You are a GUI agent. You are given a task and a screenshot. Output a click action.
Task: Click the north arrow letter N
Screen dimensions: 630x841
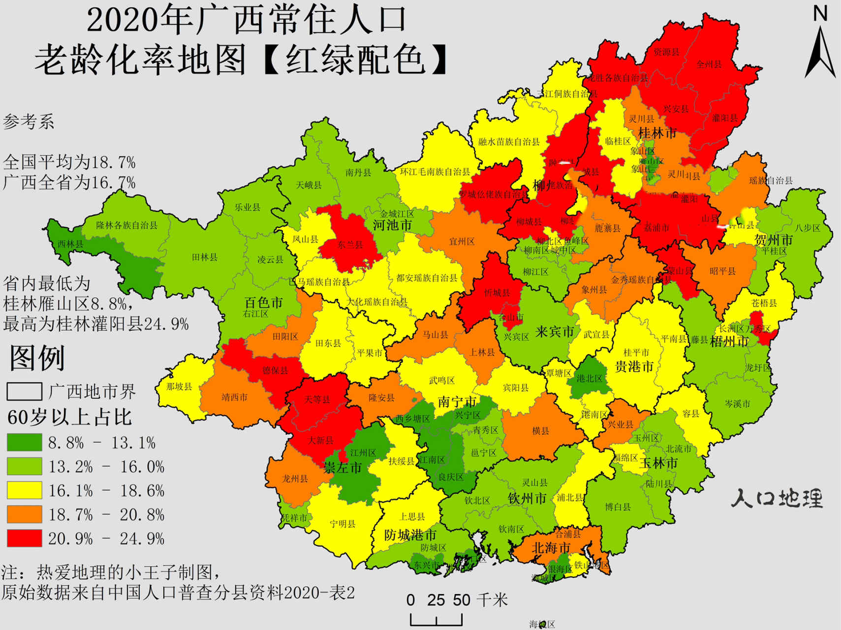[x=820, y=13]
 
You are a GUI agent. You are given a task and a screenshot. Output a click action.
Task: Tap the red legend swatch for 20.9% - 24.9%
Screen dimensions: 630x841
[x=24, y=538]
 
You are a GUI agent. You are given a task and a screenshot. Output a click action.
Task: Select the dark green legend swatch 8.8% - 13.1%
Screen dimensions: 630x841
[x=24, y=442]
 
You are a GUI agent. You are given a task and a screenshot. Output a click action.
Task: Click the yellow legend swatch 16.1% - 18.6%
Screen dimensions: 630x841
[x=24, y=490]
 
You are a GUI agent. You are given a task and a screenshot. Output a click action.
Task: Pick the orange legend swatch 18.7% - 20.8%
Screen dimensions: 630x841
[x=24, y=514]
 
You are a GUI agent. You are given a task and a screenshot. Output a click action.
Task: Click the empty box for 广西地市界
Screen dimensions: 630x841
[x=24, y=392]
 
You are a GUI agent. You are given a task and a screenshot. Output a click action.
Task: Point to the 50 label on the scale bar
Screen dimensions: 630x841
[x=462, y=600]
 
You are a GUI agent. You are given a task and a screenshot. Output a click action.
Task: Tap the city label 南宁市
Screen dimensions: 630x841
[x=457, y=402]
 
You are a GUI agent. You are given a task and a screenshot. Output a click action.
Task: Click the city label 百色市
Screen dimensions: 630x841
[x=264, y=302]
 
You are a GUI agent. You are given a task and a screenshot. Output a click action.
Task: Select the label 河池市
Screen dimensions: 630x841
[x=392, y=225]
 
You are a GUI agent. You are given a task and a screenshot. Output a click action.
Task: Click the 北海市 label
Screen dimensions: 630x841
[x=551, y=548]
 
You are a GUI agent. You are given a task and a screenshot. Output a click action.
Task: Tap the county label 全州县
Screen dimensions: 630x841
[x=709, y=64]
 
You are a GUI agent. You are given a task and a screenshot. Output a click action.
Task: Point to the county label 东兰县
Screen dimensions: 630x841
[x=350, y=245]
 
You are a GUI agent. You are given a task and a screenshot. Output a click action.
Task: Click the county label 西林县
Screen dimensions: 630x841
[x=70, y=244]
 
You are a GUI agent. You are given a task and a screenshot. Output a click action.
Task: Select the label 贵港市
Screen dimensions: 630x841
[x=634, y=367]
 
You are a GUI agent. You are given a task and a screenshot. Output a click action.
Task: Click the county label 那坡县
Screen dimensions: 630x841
[x=179, y=386]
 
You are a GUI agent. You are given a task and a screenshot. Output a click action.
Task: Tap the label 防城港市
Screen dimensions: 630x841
[x=410, y=535]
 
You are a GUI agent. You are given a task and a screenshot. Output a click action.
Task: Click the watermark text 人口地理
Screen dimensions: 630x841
[x=777, y=499]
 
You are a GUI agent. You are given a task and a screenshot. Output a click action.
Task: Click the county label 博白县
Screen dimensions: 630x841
[x=618, y=507]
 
